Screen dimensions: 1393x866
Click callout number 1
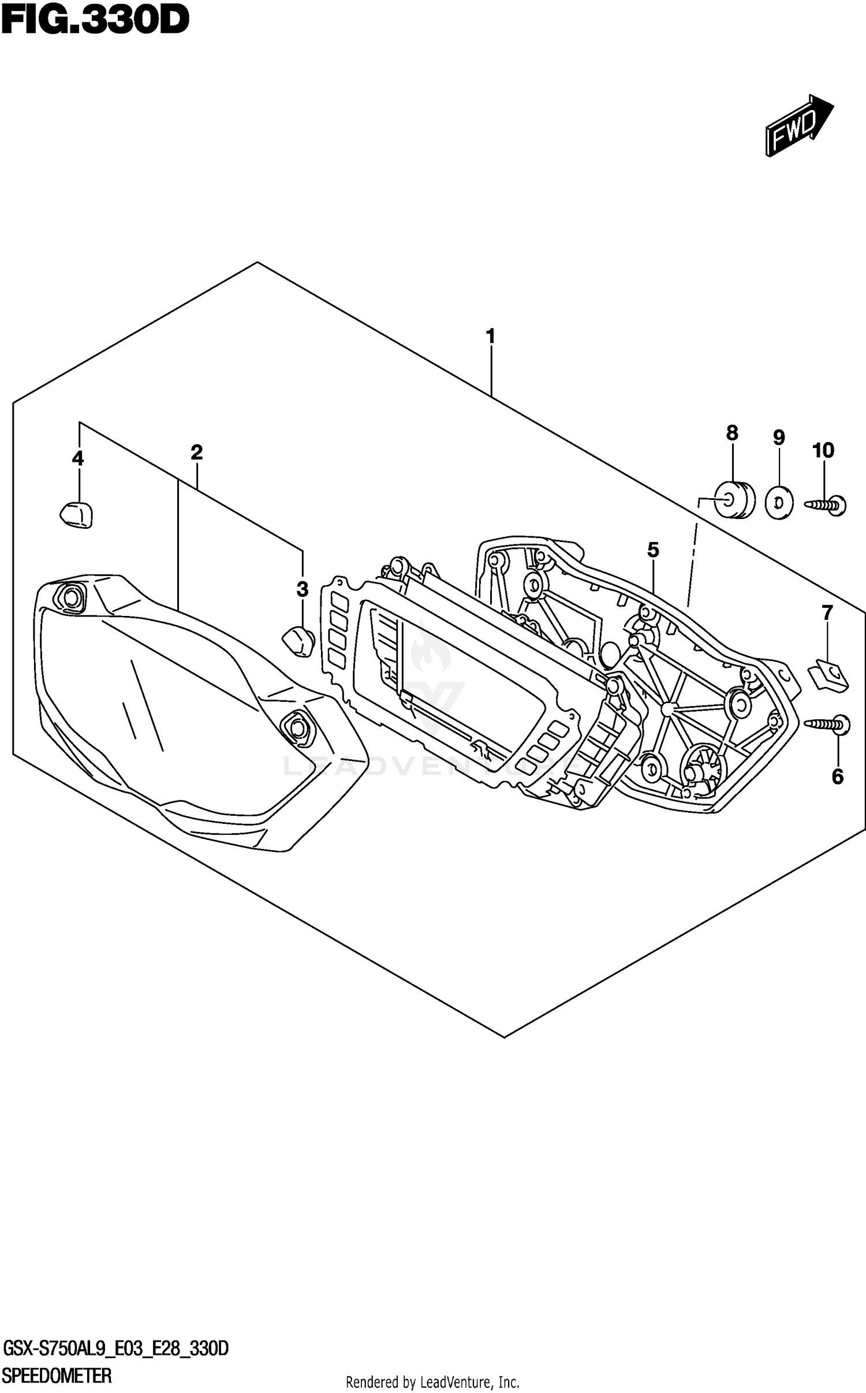click(490, 337)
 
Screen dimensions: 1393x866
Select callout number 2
click(196, 453)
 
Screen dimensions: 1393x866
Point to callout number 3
click(302, 589)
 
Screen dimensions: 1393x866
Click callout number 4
click(77, 458)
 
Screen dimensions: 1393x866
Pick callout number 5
click(652, 550)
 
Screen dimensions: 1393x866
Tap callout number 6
click(837, 776)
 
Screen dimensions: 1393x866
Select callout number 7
click(827, 613)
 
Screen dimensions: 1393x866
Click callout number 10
click(823, 450)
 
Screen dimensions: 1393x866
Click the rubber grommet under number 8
click(734, 499)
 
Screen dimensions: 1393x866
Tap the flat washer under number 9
click(779, 503)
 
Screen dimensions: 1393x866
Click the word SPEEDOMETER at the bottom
click(57, 1376)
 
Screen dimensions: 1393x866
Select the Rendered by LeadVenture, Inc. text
click(432, 1382)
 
